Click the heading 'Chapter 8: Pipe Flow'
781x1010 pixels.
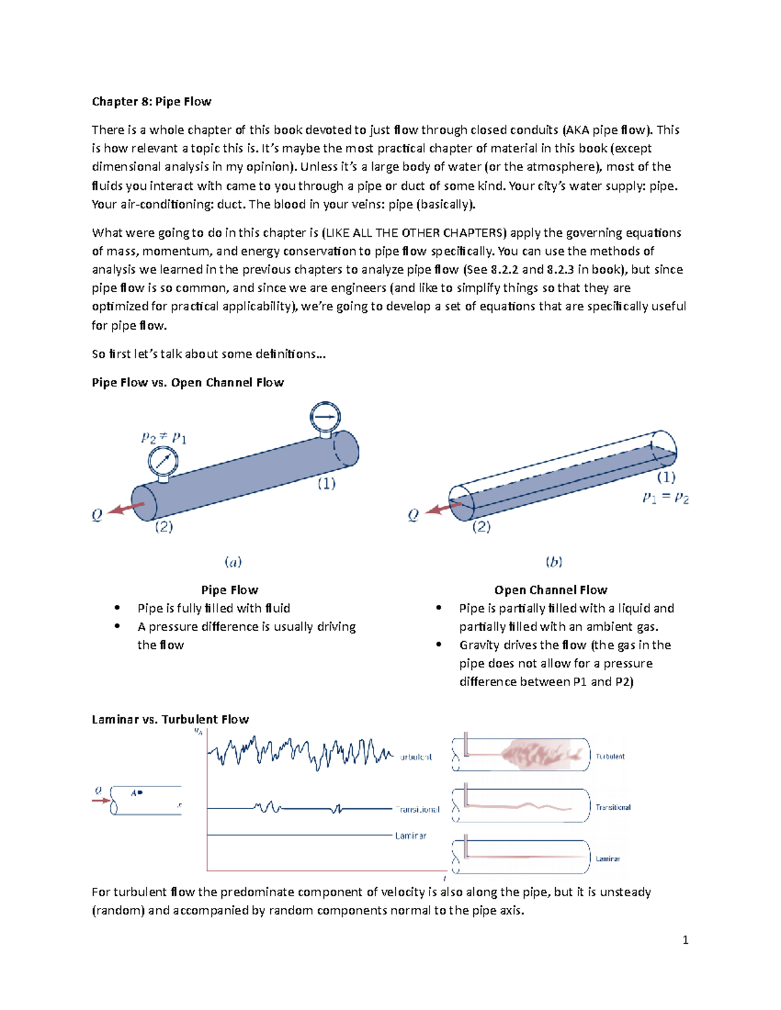tap(151, 101)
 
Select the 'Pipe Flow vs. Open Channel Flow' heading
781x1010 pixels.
tap(187, 382)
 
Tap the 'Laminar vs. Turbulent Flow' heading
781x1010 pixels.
tap(170, 719)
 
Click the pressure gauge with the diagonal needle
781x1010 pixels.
tap(163, 462)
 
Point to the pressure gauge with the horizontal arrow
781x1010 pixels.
tap(325, 417)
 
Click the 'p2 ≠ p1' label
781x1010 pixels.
tap(164, 438)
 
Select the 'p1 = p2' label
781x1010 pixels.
tap(665, 498)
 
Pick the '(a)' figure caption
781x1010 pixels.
tap(233, 561)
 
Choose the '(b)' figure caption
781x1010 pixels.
tap(554, 561)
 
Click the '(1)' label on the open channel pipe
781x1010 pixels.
tap(666, 477)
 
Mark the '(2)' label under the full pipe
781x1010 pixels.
tap(163, 527)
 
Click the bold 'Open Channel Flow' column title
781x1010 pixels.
tap(551, 590)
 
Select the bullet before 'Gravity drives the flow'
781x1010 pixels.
tap(439, 645)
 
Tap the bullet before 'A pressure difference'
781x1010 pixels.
tap(117, 627)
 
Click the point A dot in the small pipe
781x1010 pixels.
tap(140, 793)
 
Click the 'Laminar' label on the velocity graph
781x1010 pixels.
tap(411, 836)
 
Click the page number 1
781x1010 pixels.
tap(685, 940)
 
